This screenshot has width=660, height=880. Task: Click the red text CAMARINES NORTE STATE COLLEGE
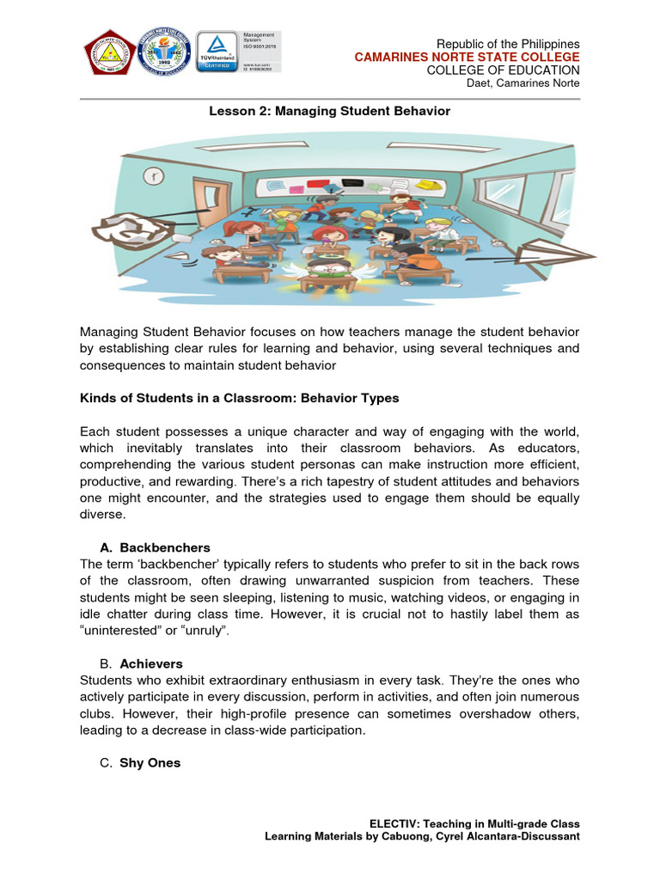pyautogui.click(x=467, y=57)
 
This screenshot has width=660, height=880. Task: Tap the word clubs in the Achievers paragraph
pyautogui.click(x=97, y=713)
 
